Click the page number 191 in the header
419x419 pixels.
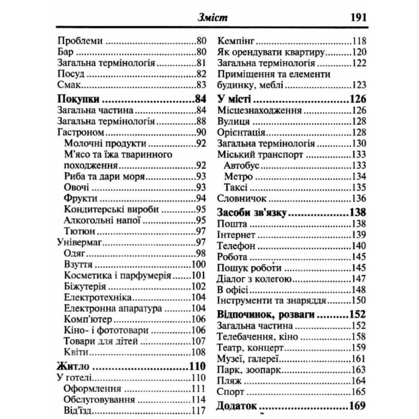[354, 18]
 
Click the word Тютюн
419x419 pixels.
[79, 231]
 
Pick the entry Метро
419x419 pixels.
[238, 176]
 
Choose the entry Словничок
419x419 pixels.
[242, 199]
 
